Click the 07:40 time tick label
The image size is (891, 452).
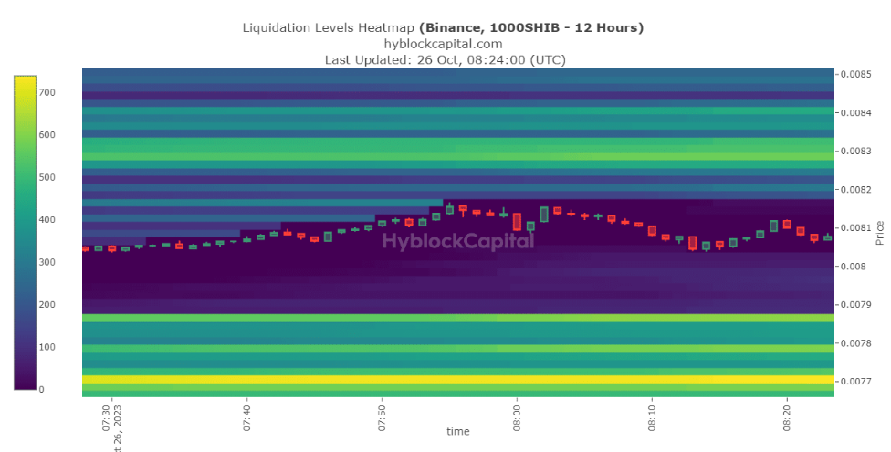[x=246, y=414]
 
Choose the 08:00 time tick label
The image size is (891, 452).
[x=517, y=414]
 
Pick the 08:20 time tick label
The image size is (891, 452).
[x=787, y=414]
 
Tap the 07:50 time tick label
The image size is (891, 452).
[x=382, y=414]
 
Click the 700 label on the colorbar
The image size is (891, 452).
[x=47, y=93]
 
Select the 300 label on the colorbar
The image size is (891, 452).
[x=47, y=263]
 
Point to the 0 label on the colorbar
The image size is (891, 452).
[x=40, y=390]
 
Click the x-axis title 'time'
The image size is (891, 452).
[x=458, y=430]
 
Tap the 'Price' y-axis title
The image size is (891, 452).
[x=880, y=233]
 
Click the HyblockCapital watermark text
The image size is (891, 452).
[x=457, y=241]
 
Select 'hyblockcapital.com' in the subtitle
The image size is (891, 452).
[x=443, y=44]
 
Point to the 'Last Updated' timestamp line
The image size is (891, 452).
[x=445, y=59]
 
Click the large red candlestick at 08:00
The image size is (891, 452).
[x=517, y=222]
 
